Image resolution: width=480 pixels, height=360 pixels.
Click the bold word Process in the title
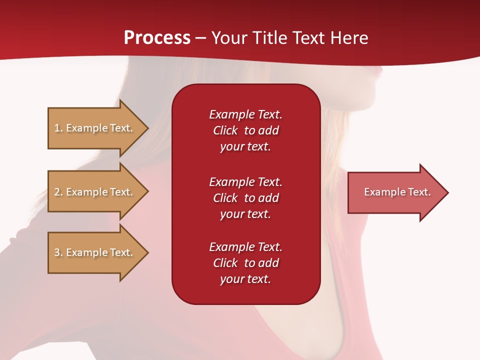[x=157, y=38]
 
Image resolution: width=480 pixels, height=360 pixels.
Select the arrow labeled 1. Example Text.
[x=95, y=128]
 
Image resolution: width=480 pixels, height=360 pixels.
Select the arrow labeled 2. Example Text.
[x=95, y=192]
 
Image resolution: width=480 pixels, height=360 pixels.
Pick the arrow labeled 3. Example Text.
[x=95, y=252]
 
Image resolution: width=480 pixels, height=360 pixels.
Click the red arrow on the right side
[x=395, y=192]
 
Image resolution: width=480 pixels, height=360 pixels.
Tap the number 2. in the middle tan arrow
[x=58, y=192]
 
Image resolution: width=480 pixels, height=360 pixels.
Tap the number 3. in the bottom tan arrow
[x=58, y=252]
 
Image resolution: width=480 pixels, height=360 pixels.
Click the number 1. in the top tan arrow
[x=58, y=128]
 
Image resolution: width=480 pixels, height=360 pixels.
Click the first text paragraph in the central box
[x=245, y=130]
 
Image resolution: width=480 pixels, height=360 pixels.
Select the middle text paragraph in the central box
[x=245, y=198]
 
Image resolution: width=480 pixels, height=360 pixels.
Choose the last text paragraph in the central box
[x=245, y=263]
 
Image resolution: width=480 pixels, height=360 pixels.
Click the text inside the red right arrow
[x=397, y=192]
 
